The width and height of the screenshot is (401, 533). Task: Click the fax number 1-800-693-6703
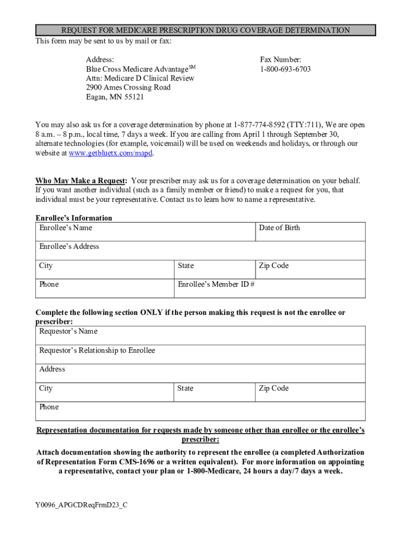coord(285,69)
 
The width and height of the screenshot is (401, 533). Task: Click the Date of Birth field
coord(310,232)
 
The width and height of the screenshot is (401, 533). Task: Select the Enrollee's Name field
coord(145,232)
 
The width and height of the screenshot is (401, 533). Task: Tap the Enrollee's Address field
coord(200,250)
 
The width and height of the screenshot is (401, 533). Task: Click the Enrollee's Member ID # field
coord(269,288)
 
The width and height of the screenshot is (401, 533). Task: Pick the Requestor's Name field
coord(200,335)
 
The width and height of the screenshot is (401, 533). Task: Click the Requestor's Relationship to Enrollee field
coord(200,354)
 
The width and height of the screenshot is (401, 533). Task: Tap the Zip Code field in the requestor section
coord(310,392)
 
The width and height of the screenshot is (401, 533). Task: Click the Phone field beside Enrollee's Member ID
coord(104,288)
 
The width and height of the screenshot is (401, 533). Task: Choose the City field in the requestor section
coord(104,392)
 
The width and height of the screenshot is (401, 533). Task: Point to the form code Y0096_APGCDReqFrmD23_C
coord(81,504)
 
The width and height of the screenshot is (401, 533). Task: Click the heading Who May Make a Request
coord(81,181)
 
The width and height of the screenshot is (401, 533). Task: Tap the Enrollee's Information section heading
coord(73,218)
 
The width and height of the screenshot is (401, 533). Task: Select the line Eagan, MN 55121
coord(115,97)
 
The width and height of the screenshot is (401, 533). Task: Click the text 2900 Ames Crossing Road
coord(128,87)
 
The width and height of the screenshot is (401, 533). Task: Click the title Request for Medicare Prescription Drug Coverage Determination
coord(205,30)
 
